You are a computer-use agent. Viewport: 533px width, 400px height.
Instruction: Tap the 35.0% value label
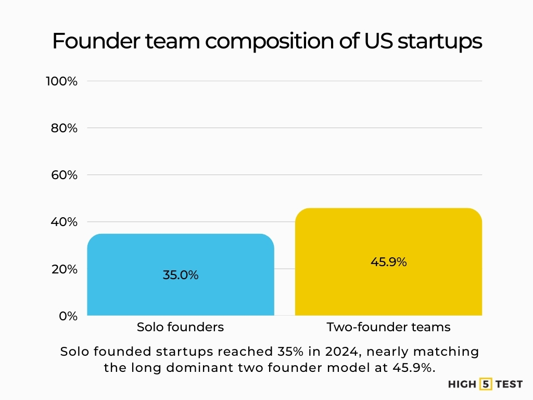coord(181,275)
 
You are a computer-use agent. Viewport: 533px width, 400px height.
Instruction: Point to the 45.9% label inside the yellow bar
coord(388,262)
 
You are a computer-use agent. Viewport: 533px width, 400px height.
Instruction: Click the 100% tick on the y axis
coord(61,81)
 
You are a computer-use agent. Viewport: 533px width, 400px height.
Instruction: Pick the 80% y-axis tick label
coord(64,128)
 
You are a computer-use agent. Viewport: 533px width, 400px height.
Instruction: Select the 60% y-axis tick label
coord(64,175)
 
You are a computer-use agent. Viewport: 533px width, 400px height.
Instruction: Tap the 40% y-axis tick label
coord(64,222)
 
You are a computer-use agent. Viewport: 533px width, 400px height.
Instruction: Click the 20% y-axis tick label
coord(64,269)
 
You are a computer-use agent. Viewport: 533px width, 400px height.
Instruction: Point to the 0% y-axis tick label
coord(67,316)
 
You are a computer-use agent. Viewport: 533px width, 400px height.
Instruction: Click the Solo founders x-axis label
coord(180,327)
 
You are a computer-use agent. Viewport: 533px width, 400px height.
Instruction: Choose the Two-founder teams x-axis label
coord(388,327)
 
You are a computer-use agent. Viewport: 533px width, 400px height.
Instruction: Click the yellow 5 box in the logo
coord(486,384)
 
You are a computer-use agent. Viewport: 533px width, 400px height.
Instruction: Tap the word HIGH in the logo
coord(462,384)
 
